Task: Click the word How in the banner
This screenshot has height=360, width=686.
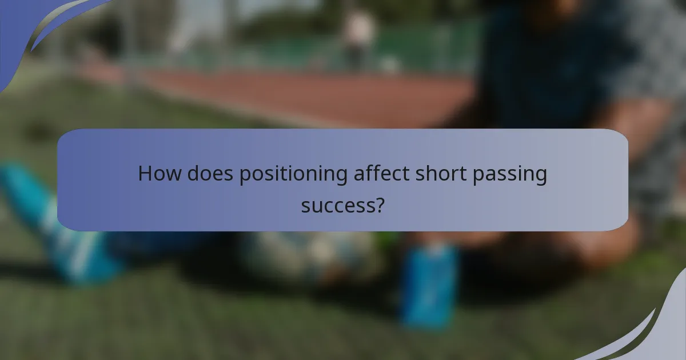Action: [x=157, y=174]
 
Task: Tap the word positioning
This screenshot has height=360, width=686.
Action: [x=293, y=175]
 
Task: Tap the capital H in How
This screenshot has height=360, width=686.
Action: [x=145, y=174]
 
